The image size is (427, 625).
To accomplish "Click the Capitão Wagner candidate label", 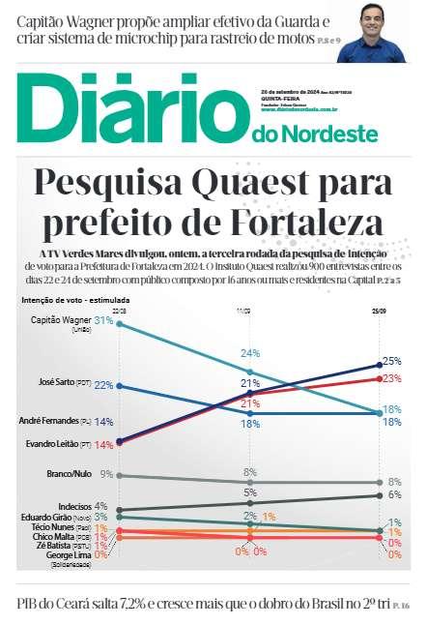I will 62,320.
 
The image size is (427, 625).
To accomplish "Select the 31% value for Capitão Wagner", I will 104,320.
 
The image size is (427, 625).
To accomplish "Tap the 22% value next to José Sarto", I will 103,385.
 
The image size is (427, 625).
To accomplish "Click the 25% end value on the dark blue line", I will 391,361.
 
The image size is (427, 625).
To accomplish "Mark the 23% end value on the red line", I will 391,378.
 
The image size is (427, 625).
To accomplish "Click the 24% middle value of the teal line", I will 250,352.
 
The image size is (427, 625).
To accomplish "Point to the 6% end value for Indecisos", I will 393,494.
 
